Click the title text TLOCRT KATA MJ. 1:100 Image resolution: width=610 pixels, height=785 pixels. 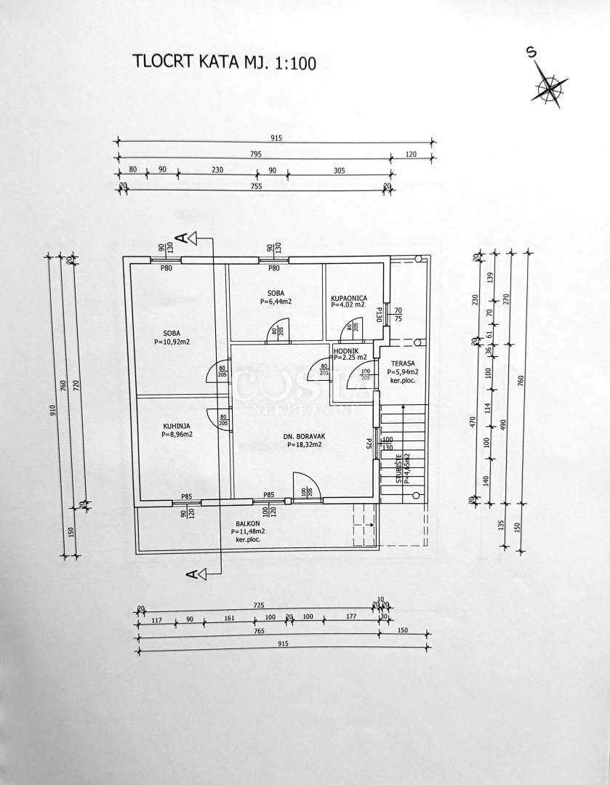tap(224, 61)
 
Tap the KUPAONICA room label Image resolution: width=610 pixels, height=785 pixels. tap(349, 298)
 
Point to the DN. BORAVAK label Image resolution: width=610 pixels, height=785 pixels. tap(304, 437)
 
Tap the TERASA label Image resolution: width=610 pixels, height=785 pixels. tap(403, 363)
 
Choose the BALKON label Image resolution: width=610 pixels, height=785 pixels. tap(248, 523)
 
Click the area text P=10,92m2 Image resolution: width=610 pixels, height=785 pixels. tap(172, 342)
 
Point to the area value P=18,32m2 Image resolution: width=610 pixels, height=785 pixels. tap(304, 446)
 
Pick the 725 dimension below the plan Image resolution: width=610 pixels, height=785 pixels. tap(259, 605)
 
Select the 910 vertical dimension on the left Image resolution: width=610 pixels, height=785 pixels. tap(52, 411)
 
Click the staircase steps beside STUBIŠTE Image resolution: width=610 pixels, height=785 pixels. tap(403, 451)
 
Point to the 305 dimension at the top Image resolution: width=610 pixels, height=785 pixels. tap(339, 169)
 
